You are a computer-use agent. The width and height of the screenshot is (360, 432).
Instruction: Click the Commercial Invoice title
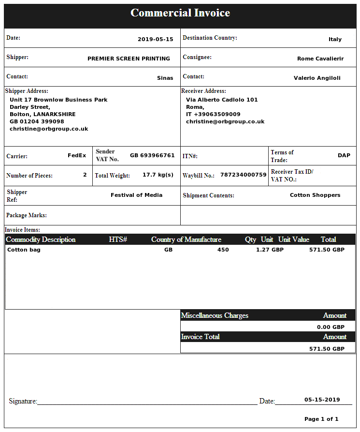(x=180, y=13)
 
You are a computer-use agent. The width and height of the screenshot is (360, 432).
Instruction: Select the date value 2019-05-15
(x=155, y=40)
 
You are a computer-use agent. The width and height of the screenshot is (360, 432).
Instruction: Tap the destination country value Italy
(x=335, y=40)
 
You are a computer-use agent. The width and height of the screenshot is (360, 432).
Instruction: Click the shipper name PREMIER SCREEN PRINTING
(x=129, y=59)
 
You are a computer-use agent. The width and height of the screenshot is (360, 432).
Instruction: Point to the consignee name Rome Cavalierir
(x=320, y=59)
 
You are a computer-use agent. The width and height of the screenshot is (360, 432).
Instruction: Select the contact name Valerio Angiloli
(x=317, y=78)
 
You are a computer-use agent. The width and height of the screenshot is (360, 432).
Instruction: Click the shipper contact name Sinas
(x=165, y=78)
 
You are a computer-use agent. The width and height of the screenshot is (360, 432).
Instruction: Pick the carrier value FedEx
(x=77, y=156)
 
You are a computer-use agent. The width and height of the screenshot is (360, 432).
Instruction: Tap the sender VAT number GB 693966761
(x=152, y=156)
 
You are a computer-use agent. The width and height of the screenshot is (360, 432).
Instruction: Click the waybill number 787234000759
(x=243, y=175)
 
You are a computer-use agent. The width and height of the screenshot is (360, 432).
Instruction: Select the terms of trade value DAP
(x=344, y=156)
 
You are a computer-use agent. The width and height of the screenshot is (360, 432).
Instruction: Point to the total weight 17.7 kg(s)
(x=158, y=175)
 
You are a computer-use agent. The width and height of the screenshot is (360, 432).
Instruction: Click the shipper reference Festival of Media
(x=136, y=195)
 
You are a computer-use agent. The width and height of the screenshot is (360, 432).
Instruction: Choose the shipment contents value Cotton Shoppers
(x=315, y=195)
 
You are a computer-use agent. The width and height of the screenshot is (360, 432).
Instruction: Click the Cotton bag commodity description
(x=24, y=250)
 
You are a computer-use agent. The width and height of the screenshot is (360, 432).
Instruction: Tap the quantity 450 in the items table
(x=223, y=250)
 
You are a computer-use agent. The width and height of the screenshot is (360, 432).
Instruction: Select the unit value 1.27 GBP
(x=270, y=250)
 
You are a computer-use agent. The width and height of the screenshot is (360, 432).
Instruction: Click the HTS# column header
(x=118, y=239)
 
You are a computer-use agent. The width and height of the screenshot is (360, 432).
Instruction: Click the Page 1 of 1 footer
(x=321, y=419)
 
